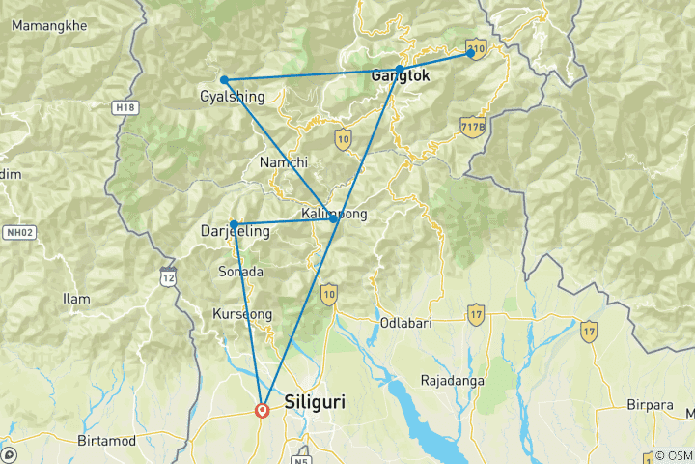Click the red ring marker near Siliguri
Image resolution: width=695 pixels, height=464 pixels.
coord(262,410)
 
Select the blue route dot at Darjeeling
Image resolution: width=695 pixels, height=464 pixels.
coord(234,224)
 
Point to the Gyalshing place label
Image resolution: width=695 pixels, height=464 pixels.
coord(231,97)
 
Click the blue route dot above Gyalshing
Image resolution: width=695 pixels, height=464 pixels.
coord(224,80)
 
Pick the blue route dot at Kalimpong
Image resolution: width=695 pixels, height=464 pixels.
coord(334,220)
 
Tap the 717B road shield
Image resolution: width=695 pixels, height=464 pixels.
coord(471,127)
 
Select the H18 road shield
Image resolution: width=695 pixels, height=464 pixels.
coord(123,107)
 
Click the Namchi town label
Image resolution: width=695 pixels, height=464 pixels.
coord(284,163)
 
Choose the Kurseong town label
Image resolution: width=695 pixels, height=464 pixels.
coord(241,315)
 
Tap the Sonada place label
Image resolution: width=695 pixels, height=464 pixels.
coord(241,272)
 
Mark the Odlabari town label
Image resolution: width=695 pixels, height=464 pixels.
coord(403,323)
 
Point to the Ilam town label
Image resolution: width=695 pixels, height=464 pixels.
coord(75,299)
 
